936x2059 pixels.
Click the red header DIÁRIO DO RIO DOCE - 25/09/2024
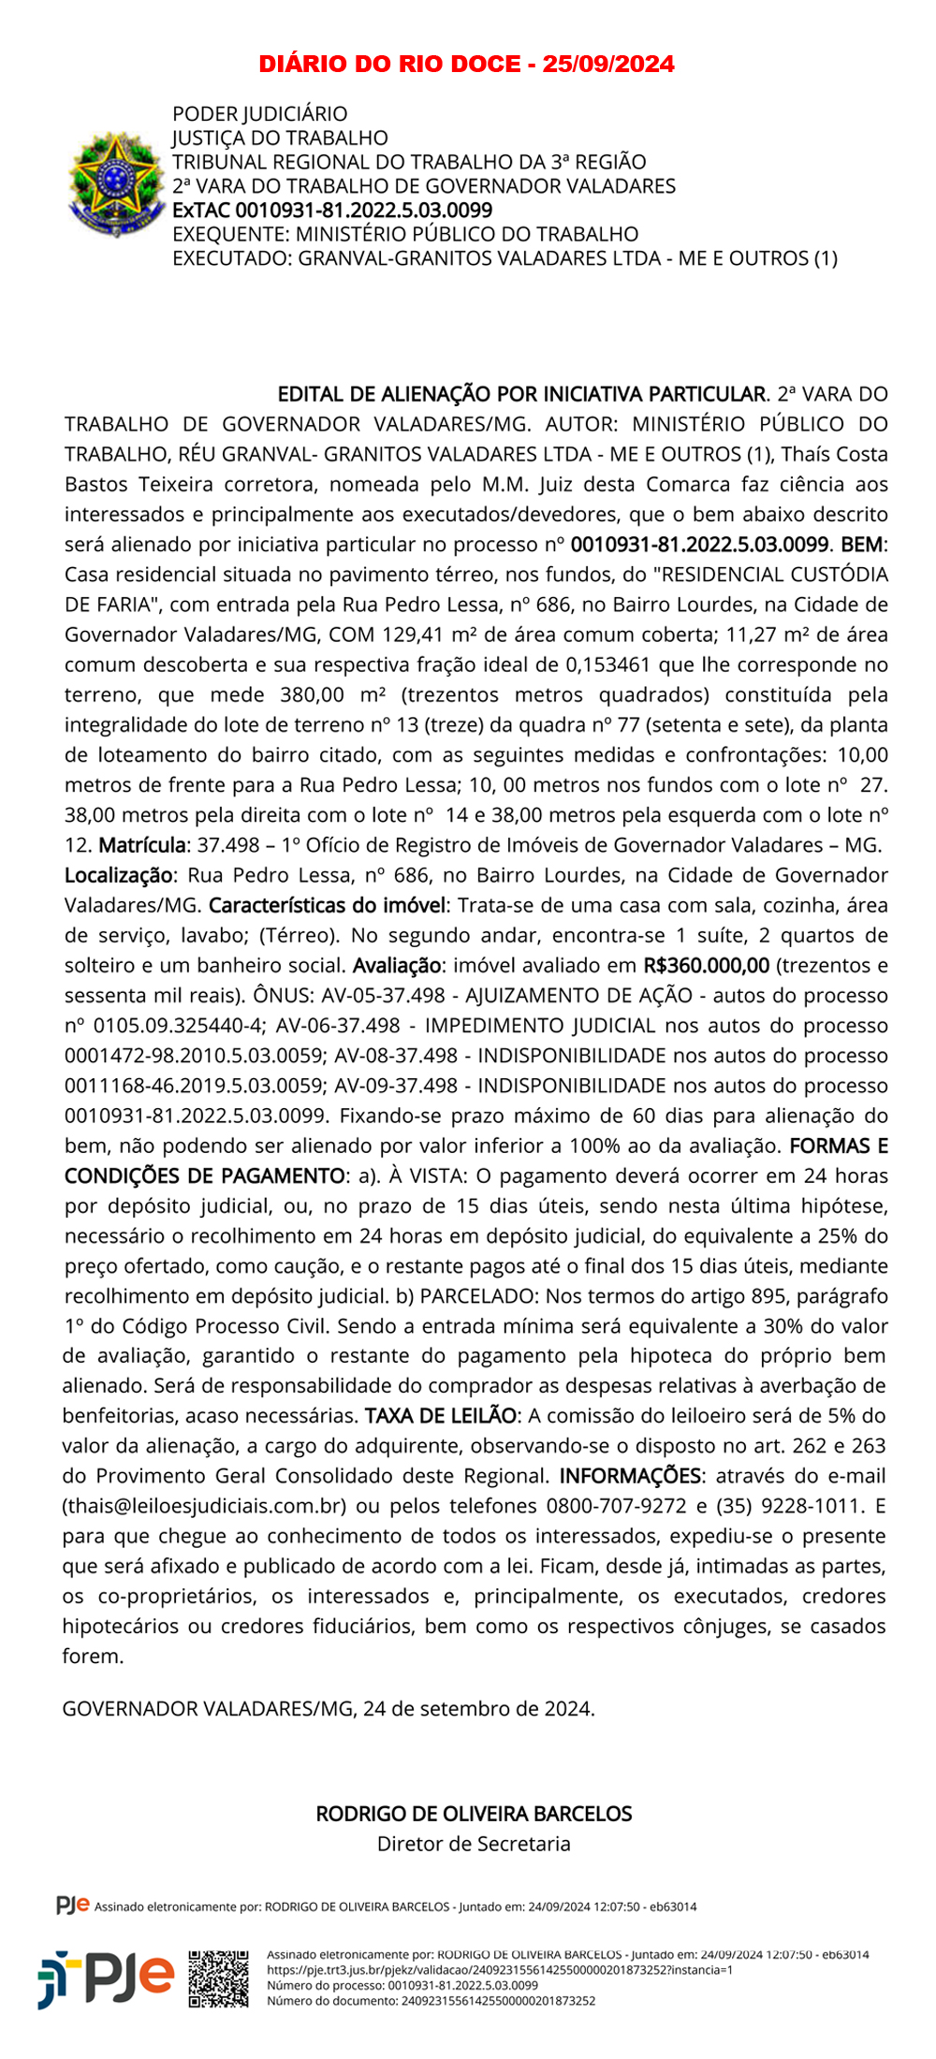[x=466, y=64]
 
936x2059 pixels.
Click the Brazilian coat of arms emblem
[x=115, y=184]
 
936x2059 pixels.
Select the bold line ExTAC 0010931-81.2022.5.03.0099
[x=332, y=210]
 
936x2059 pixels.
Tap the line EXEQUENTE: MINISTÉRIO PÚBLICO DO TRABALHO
[x=405, y=234]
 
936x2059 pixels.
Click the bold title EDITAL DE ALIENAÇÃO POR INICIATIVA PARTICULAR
[x=522, y=394]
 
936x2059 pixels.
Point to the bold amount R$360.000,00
[x=707, y=965]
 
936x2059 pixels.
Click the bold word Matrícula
[x=142, y=845]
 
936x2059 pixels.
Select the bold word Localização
[x=119, y=875]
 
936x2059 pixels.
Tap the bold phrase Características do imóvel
[x=328, y=905]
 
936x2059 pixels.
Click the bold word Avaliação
[x=397, y=965]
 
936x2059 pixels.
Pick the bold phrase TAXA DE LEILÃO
[x=441, y=1416]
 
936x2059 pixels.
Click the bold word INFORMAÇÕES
[x=630, y=1476]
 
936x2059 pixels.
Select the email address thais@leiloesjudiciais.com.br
[x=205, y=1506]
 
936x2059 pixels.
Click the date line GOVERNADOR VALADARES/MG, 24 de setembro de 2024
[x=329, y=1708]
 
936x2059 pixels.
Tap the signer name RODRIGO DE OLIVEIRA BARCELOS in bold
[x=474, y=1813]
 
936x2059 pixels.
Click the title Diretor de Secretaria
[x=474, y=1843]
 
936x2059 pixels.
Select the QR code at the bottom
[x=219, y=1979]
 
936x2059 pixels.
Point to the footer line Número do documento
[x=431, y=2001]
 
